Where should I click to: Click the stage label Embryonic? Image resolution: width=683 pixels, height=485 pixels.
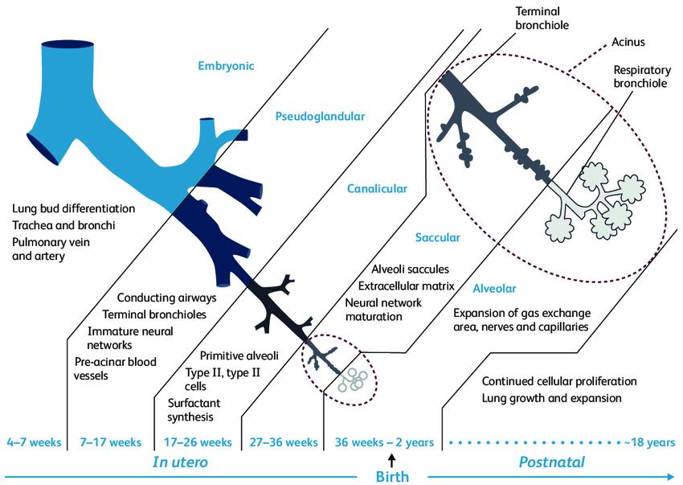tap(227, 66)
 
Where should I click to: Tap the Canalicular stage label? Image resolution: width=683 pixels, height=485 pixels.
tap(377, 189)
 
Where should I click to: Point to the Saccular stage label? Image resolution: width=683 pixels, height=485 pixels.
tap(437, 238)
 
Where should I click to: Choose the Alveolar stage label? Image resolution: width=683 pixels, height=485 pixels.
tap(493, 287)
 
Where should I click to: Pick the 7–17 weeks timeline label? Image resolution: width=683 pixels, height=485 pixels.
tap(111, 442)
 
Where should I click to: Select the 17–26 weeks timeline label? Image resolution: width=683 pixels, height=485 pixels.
tap(198, 442)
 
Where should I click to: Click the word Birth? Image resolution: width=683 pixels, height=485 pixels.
tap(392, 476)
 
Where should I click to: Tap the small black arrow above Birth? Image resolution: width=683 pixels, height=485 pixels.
tap(392, 459)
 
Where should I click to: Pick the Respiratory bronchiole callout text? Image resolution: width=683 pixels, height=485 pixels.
tap(640, 76)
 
